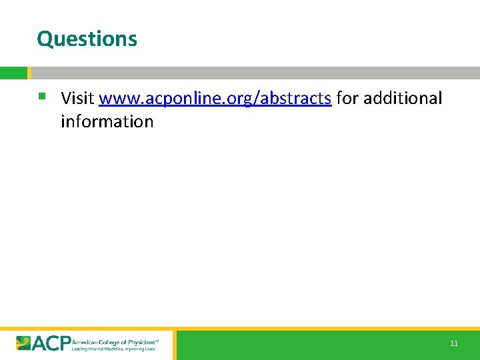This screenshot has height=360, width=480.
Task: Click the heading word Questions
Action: click(87, 39)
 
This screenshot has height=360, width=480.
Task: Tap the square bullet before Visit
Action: click(41, 96)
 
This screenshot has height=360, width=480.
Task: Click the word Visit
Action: click(77, 98)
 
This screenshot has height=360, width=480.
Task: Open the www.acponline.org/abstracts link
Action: click(215, 99)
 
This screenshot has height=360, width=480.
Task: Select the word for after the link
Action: click(347, 98)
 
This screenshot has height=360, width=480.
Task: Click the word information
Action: click(107, 121)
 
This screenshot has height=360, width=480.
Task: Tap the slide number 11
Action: click(454, 343)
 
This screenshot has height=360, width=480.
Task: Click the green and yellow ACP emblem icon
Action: click(24, 343)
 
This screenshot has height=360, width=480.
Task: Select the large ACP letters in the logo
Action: click(51, 343)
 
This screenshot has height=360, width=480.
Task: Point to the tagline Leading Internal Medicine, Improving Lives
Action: click(113, 349)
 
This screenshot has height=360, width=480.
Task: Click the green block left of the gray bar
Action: click(13, 73)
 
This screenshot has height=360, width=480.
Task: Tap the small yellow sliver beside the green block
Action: click(29, 73)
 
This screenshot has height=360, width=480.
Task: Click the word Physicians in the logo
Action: click(139, 340)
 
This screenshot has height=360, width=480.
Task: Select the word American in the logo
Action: click(83, 340)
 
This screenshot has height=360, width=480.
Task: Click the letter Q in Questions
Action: click(44, 39)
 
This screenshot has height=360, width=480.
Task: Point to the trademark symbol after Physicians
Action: click(157, 338)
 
